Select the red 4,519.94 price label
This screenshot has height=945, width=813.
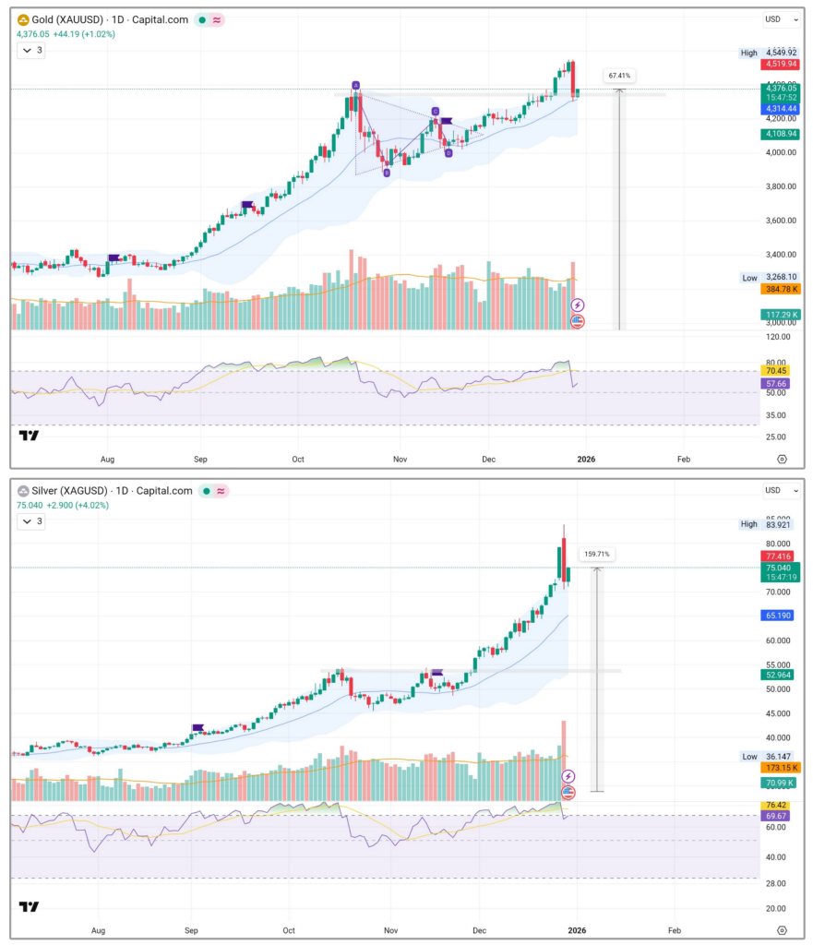coord(779,65)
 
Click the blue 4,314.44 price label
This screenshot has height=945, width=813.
coord(779,109)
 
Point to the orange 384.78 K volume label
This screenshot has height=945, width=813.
coord(779,290)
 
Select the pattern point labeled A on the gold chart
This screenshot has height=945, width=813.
coord(355,86)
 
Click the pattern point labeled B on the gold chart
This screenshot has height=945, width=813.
coord(386,173)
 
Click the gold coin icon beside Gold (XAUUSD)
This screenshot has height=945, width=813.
coord(23,19)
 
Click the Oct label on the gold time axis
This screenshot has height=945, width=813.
coord(297,458)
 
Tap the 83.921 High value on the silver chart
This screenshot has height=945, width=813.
coord(779,524)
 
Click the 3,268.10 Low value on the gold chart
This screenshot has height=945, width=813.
coord(779,278)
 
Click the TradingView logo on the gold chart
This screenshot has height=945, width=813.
coord(30,436)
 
